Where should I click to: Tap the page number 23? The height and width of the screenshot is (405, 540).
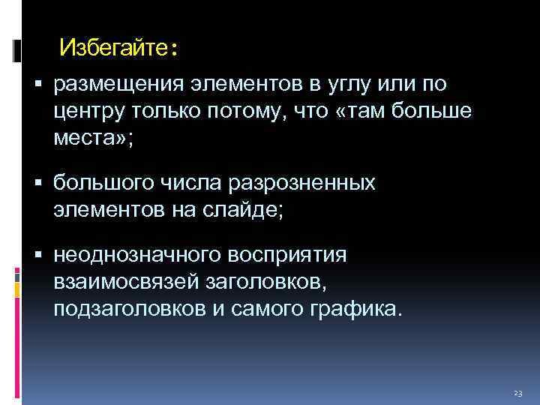(517, 394)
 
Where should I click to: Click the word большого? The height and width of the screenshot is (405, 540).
(101, 184)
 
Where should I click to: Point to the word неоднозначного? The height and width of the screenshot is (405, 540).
(134, 255)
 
